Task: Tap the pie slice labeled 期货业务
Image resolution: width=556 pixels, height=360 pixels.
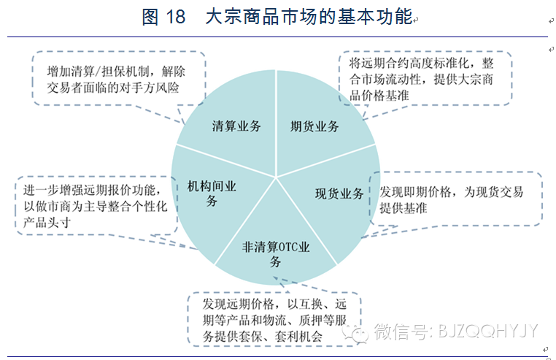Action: (x=314, y=126)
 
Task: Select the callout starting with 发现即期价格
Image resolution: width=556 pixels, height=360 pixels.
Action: (x=455, y=199)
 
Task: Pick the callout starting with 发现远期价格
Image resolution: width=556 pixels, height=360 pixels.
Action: (x=274, y=318)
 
